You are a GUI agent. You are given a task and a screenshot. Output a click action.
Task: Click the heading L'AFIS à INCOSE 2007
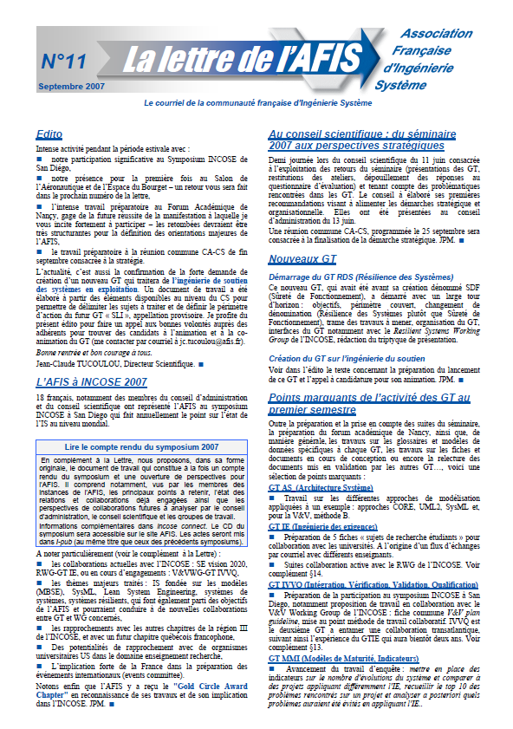[92, 381]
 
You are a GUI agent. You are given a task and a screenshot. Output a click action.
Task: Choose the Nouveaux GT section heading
[302, 259]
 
